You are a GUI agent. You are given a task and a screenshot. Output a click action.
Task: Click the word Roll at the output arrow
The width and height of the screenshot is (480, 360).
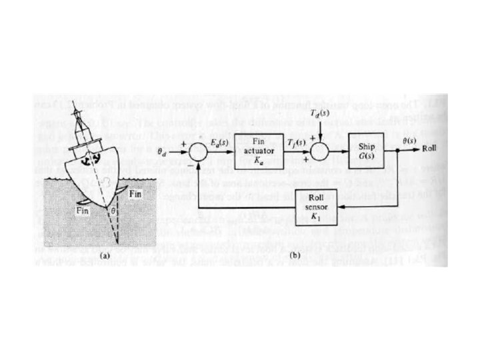pyautogui.click(x=430, y=151)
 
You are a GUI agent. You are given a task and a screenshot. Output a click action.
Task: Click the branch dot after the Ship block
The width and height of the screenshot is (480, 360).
pyautogui.click(x=397, y=151)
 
